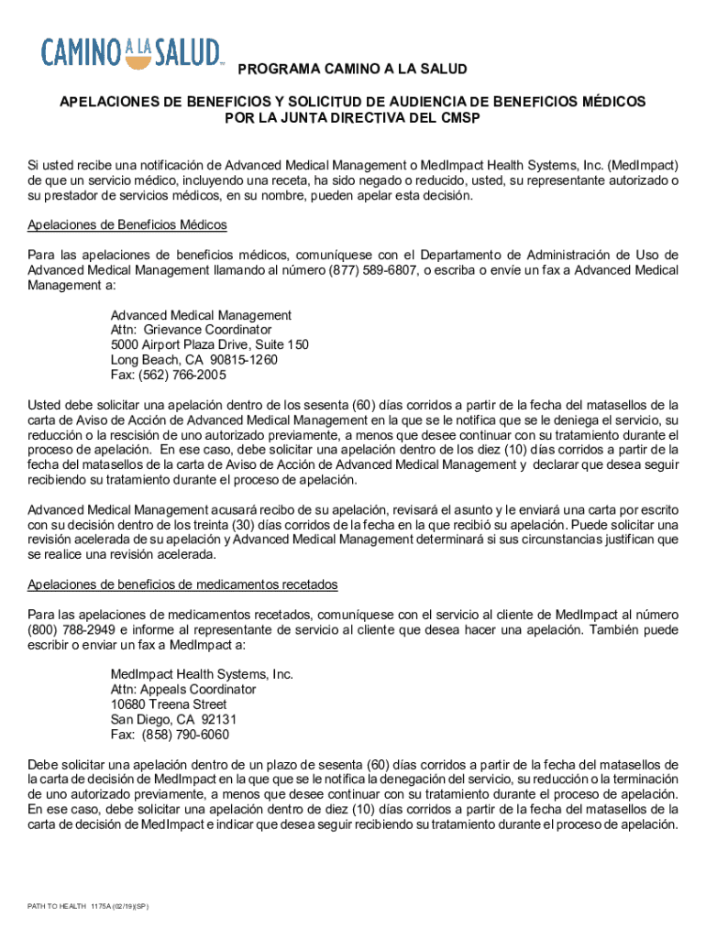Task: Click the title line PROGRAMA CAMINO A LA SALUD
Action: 353,70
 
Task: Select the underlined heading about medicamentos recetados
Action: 183,584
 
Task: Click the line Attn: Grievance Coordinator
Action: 191,330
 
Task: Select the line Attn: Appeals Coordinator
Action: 183,689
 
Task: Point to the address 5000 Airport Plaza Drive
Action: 209,344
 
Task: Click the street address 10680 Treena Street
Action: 169,704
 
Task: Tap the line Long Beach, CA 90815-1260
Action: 193,360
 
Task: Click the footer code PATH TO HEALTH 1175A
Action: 88,906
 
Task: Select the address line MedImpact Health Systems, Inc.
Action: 202,674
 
